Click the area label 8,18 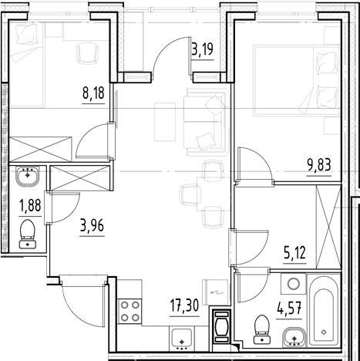tap(93, 93)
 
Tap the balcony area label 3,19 tap(203, 49)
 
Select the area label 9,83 tap(319, 166)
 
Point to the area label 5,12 tap(294, 253)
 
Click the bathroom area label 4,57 tap(289, 309)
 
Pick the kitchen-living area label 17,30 tap(184, 306)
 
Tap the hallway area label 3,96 tap(92, 226)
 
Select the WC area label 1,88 tap(30, 206)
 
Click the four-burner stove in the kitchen tap(130, 312)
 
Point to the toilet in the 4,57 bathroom tap(262, 329)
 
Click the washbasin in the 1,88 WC tap(27, 175)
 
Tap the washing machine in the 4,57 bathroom tap(294, 284)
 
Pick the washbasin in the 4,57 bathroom tap(294, 337)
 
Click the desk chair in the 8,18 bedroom tap(88, 53)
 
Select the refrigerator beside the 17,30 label tap(216, 292)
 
